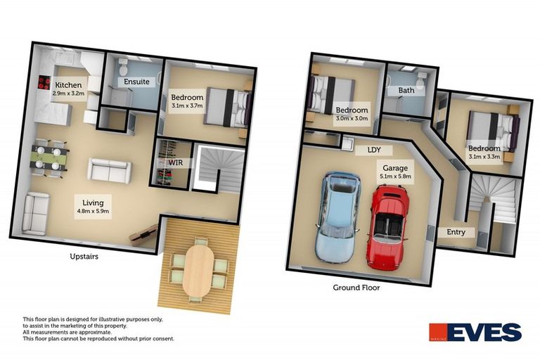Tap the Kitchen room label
(x=68, y=86)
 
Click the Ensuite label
(x=136, y=82)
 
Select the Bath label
(x=406, y=90)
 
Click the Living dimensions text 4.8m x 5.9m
(x=93, y=209)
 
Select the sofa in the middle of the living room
(x=109, y=170)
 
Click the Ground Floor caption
(x=356, y=288)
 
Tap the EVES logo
(x=475, y=332)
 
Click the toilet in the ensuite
(x=122, y=68)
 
